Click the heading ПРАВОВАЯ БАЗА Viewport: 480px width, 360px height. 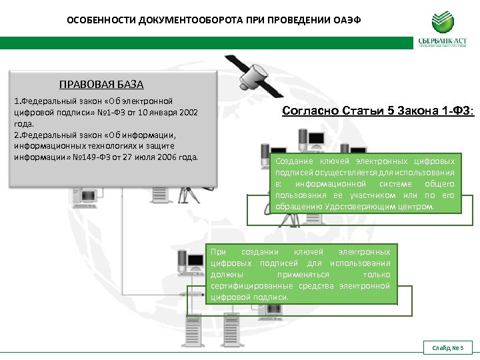101,85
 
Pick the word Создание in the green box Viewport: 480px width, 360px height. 293,161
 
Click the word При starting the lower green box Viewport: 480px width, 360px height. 218,252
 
